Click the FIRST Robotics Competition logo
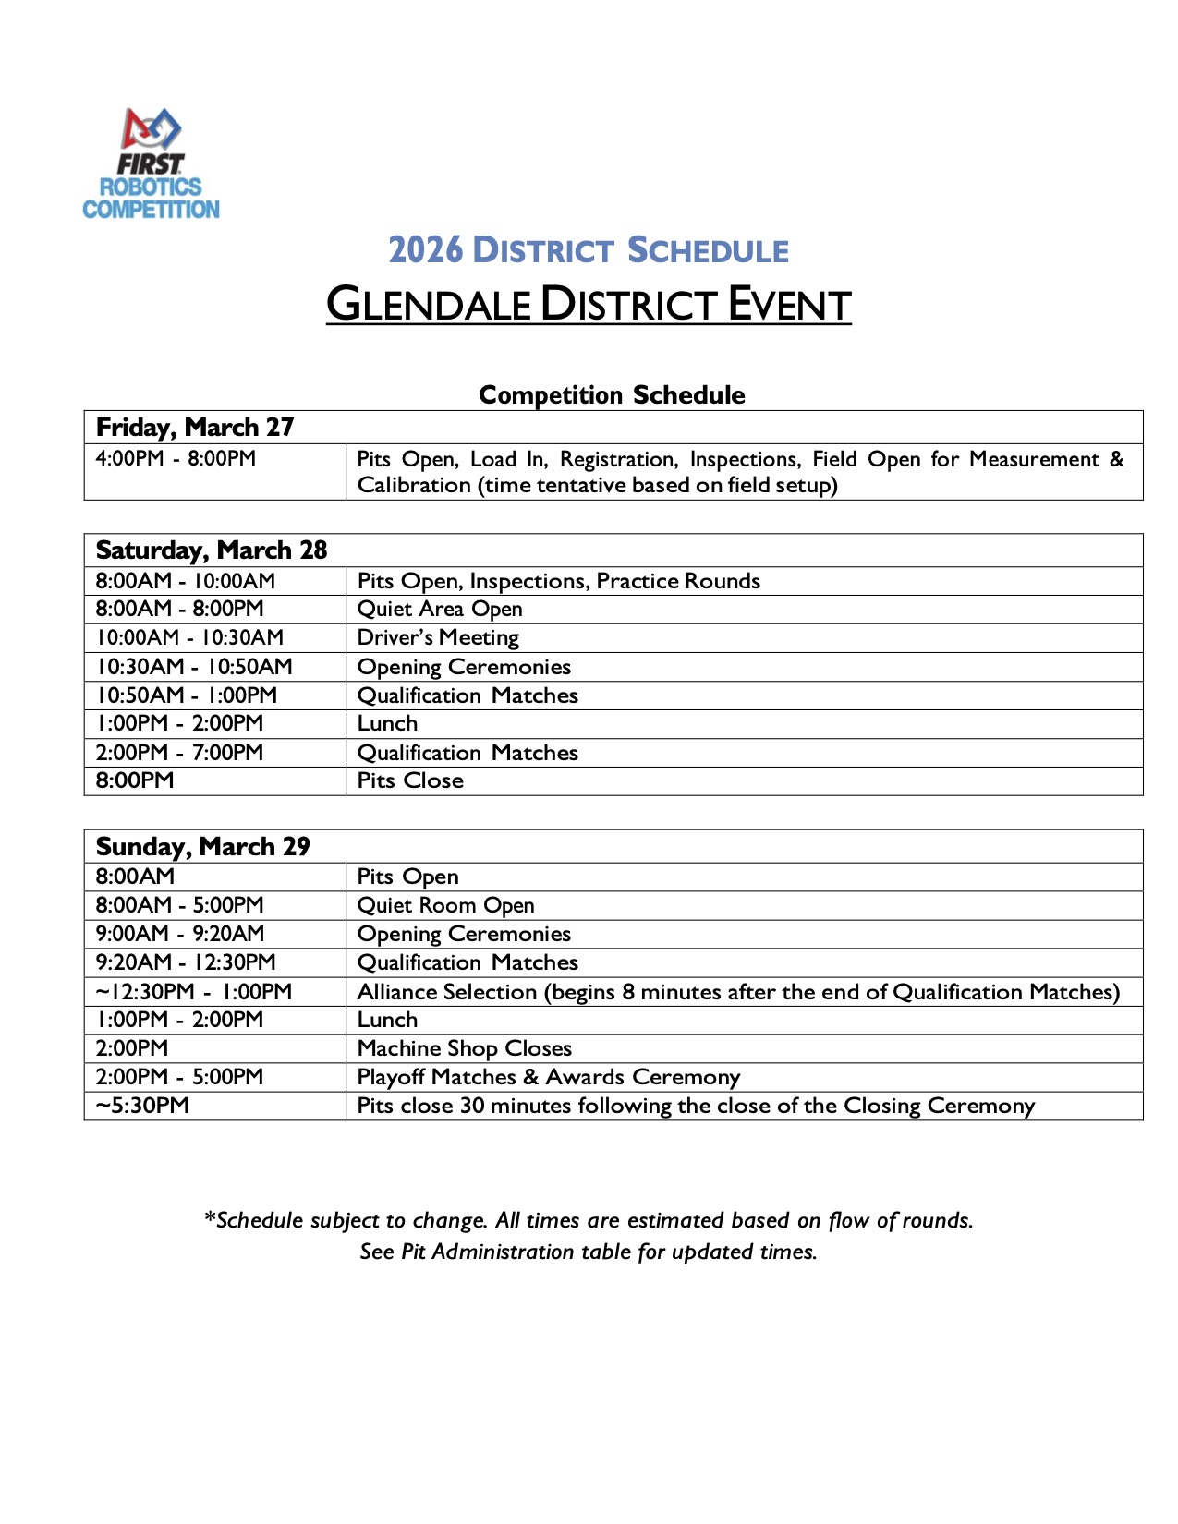point(152,164)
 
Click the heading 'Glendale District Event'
point(589,305)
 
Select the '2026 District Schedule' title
point(589,250)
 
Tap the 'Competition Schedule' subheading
point(612,394)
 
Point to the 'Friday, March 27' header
point(195,427)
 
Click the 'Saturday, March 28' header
point(212,550)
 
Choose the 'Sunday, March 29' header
point(203,846)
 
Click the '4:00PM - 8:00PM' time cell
point(176,458)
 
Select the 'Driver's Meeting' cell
point(438,637)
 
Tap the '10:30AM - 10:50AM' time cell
point(194,666)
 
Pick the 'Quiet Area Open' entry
point(440,609)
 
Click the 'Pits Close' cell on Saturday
point(410,780)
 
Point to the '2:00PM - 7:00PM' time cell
point(179,752)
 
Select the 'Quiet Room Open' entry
point(445,905)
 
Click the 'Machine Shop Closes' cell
point(465,1048)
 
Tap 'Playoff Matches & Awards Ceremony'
point(549,1077)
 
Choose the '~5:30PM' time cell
point(142,1106)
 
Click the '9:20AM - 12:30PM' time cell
point(186,962)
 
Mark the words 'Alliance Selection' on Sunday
point(447,992)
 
